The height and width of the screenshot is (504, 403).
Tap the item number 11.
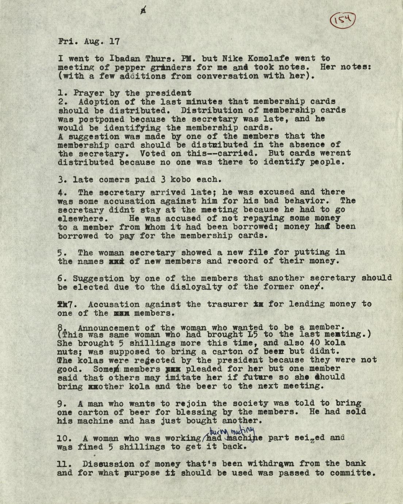click(63, 464)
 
